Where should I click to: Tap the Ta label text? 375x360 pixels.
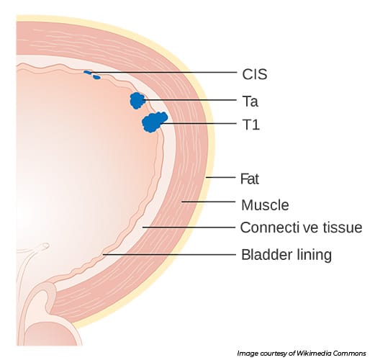[x=249, y=100]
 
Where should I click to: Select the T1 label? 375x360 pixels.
[x=249, y=125]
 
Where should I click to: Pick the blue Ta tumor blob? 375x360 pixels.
[x=136, y=100]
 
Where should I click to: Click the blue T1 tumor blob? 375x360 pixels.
[x=154, y=122]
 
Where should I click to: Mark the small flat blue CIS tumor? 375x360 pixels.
[x=91, y=73]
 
